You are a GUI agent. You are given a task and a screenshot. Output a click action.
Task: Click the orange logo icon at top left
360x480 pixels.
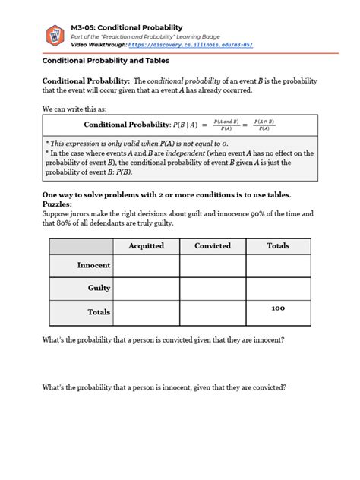(x=54, y=34)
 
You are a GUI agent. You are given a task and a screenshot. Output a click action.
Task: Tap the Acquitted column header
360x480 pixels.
(x=146, y=246)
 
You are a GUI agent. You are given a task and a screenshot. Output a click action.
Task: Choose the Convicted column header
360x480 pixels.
(x=212, y=246)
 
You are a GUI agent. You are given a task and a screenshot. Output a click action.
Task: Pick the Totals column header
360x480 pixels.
(x=278, y=246)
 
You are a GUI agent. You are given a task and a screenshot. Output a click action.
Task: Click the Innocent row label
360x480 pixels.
(x=93, y=265)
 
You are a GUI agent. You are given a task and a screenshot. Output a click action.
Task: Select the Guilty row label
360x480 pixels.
(x=99, y=289)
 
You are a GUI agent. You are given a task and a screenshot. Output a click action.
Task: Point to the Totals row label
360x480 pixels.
(x=99, y=312)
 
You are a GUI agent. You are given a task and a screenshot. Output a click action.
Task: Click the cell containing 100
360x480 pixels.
(x=278, y=308)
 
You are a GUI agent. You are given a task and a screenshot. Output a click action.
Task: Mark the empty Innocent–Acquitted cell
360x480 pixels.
(x=146, y=266)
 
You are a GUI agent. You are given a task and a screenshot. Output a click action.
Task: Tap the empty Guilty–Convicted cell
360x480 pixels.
(x=212, y=289)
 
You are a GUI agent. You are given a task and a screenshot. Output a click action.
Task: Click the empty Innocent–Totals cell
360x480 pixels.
(x=278, y=266)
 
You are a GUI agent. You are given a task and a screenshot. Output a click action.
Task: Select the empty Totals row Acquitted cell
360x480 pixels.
(x=146, y=312)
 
